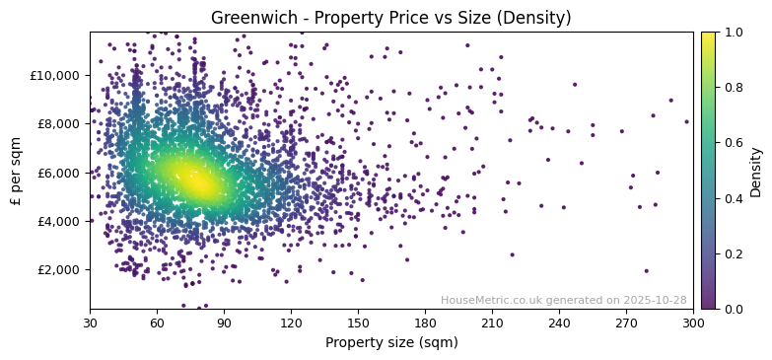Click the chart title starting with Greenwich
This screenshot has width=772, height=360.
[390, 18]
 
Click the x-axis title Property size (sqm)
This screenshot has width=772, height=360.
[390, 343]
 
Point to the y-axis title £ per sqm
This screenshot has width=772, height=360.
[17, 171]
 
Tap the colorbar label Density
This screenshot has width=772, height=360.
[756, 171]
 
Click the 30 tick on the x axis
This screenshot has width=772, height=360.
[90, 323]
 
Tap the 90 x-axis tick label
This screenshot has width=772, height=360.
[224, 323]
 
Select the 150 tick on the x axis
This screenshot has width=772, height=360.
[358, 323]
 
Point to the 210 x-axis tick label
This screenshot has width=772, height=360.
[492, 323]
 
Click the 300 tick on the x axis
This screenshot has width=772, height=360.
[693, 323]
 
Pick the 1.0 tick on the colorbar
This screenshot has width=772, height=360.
[733, 33]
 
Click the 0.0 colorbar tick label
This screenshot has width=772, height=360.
[733, 309]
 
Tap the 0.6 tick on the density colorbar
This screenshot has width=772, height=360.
[733, 143]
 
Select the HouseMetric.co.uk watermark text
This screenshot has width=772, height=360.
[563, 300]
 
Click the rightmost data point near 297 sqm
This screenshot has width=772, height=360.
[686, 122]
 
